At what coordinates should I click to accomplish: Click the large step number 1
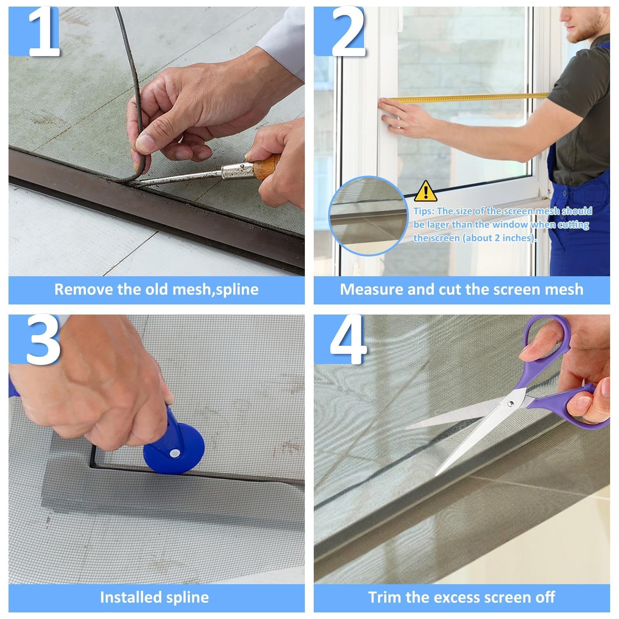(x=44, y=32)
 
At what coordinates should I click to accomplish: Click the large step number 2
(x=348, y=32)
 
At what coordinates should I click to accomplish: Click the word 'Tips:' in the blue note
(x=424, y=211)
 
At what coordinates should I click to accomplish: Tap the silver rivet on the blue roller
(x=175, y=452)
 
